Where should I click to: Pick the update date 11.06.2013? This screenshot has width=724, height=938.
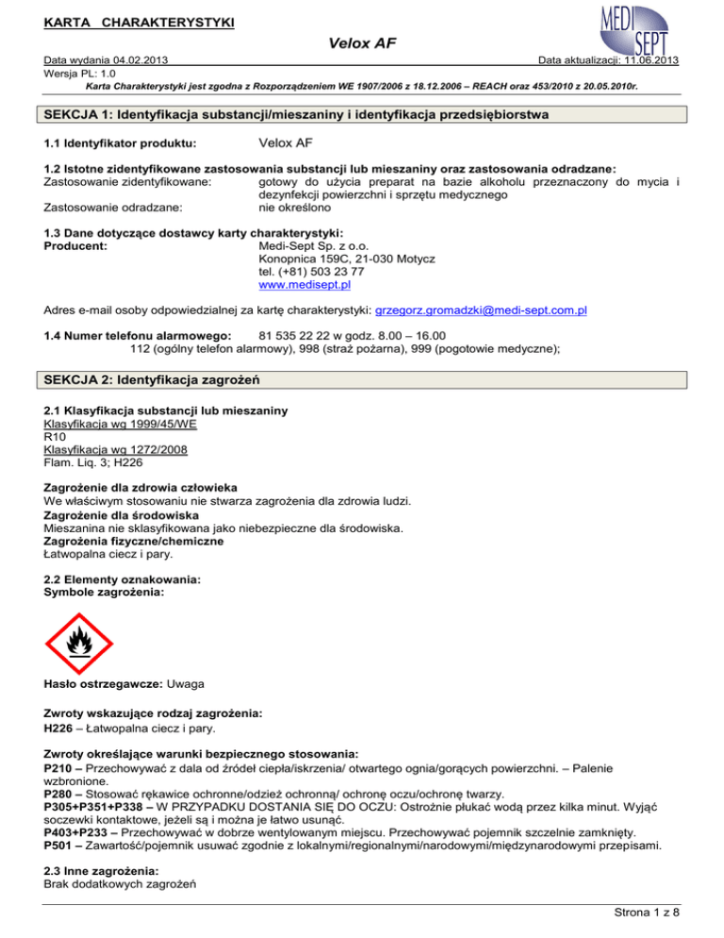click(x=645, y=60)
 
